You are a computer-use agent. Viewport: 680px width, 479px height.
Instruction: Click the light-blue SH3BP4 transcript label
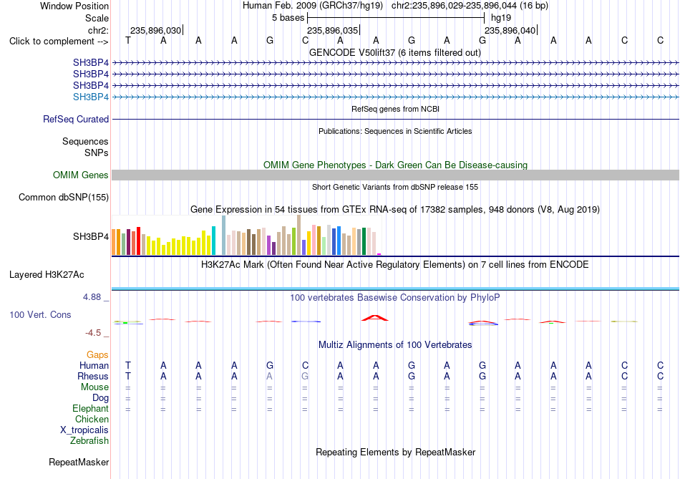pyautogui.click(x=91, y=97)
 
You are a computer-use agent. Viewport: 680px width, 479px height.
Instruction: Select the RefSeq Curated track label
pyautogui.click(x=76, y=120)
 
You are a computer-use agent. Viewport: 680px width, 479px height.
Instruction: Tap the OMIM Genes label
pyautogui.click(x=81, y=175)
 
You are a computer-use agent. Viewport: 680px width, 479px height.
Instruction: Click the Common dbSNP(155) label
pyautogui.click(x=64, y=198)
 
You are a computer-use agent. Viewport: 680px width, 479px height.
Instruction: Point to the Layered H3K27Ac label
pyautogui.click(x=47, y=275)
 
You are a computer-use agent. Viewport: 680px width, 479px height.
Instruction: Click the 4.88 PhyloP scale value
pyautogui.click(x=92, y=297)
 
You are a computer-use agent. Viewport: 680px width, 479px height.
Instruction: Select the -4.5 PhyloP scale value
pyautogui.click(x=93, y=333)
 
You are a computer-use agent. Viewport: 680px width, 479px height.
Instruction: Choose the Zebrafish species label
pyautogui.click(x=89, y=441)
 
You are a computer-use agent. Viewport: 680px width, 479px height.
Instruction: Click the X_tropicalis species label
pyautogui.click(x=84, y=430)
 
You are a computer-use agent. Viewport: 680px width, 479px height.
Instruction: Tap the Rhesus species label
pyautogui.click(x=93, y=376)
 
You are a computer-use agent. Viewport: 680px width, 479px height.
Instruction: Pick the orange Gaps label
pyautogui.click(x=97, y=355)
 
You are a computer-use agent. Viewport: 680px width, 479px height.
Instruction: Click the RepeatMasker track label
pyautogui.click(x=79, y=463)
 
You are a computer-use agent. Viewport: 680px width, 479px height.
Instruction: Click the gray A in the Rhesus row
pyautogui.click(x=269, y=376)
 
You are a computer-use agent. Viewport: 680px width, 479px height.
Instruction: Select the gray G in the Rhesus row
pyautogui.click(x=305, y=376)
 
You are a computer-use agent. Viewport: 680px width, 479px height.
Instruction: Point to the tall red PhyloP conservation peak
pyautogui.click(x=375, y=318)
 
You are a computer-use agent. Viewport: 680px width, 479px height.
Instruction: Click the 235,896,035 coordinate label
pyautogui.click(x=333, y=30)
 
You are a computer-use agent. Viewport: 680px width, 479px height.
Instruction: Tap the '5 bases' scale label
pyautogui.click(x=288, y=18)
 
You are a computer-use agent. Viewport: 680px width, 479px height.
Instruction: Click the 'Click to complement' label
pyautogui.click(x=59, y=42)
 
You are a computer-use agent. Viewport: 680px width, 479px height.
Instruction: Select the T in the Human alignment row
pyautogui.click(x=128, y=365)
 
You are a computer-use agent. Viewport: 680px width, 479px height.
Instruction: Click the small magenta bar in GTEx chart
pyautogui.click(x=379, y=254)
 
